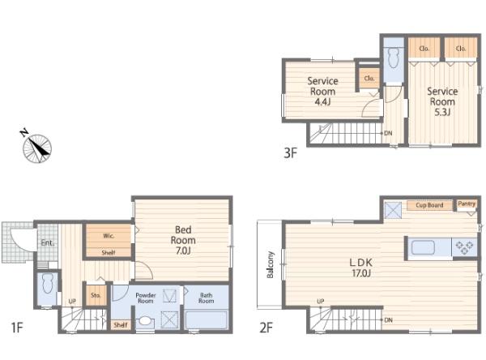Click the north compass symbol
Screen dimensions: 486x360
point(37,148)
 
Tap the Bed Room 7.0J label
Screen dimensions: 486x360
point(183,240)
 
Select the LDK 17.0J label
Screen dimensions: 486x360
point(361,268)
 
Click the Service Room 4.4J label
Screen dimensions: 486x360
point(322,92)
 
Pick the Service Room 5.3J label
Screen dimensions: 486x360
point(442,101)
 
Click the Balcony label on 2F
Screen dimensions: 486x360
point(271,264)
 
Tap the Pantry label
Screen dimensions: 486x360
point(467,204)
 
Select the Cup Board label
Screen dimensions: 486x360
point(429,205)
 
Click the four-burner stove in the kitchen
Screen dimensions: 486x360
point(464,247)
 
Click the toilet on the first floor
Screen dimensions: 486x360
point(48,283)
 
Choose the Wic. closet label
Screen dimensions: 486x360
point(109,236)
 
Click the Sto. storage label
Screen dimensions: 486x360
point(96,295)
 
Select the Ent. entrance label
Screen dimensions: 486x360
point(48,242)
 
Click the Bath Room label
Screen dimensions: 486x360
point(206,298)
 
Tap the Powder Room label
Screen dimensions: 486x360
point(146,298)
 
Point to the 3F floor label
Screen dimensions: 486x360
point(291,153)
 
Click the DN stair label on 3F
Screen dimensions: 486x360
point(388,133)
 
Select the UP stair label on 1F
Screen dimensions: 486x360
point(72,301)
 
